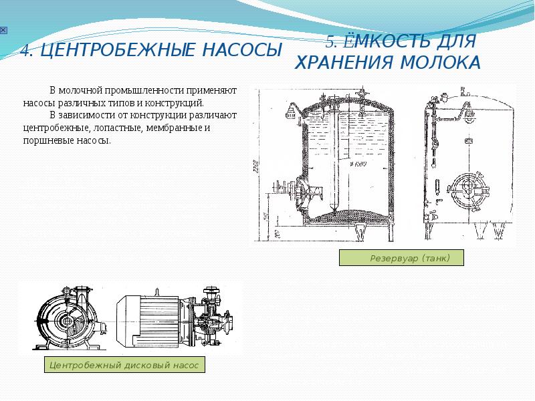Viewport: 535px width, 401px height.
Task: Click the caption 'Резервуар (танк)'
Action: (x=401, y=258)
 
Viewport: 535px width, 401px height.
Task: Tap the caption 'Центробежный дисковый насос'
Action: (x=124, y=366)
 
